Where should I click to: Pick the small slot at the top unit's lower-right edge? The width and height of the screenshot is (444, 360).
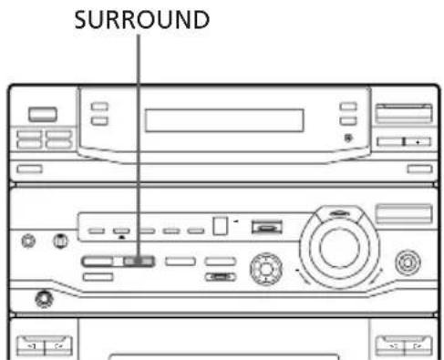[418, 169]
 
